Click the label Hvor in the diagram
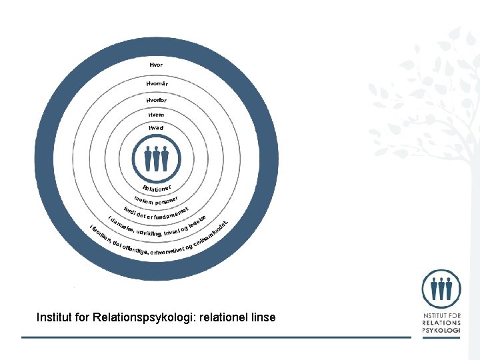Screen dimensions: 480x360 tap(156, 65)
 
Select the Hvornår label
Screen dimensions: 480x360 tap(157, 83)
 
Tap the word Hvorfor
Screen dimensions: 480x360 tap(157, 99)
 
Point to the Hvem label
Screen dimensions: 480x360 tap(157, 114)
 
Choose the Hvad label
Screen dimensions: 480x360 tap(157, 127)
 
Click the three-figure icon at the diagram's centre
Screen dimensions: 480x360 tap(157, 158)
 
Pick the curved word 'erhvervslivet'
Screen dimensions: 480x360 tap(167, 252)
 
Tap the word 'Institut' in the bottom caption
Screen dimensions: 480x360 tap(55, 317)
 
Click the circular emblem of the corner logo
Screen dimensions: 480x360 tap(441, 288)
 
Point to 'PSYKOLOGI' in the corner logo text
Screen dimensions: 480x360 tap(441, 331)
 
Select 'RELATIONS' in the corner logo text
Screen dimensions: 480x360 tap(441, 323)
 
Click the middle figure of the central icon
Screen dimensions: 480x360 tap(157, 159)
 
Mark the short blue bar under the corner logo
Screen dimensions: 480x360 tap(441, 337)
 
